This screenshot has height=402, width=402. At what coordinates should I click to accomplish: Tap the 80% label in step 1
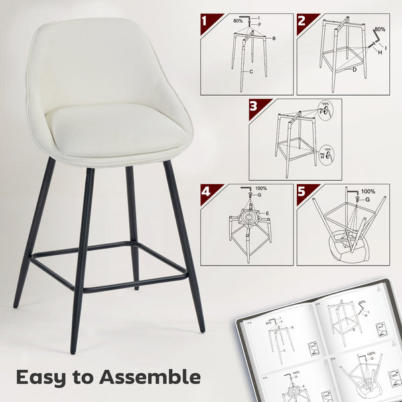pyautogui.click(x=238, y=21)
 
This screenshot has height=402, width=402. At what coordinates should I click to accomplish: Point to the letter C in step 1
pyautogui.click(x=251, y=70)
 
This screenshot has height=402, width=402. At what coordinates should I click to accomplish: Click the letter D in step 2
pyautogui.click(x=354, y=69)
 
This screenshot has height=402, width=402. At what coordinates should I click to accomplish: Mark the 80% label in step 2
pyautogui.click(x=381, y=29)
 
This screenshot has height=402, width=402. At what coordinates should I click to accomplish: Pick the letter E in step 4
pyautogui.click(x=269, y=212)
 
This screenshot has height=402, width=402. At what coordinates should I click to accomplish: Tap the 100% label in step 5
pyautogui.click(x=368, y=192)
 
